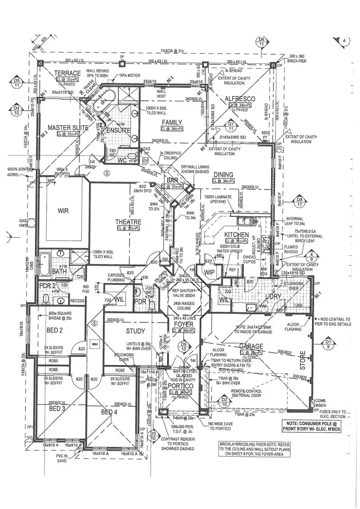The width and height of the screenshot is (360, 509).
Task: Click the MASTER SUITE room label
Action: click(68, 128)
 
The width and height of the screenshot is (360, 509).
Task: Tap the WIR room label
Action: click(63, 210)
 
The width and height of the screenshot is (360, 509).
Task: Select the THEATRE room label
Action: click(128, 222)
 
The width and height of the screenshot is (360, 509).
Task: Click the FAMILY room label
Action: click(171, 123)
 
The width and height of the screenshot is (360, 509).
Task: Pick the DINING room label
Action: click(224, 175)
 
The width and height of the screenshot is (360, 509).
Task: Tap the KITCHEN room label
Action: click(237, 235)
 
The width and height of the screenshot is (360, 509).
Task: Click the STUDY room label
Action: click(135, 331)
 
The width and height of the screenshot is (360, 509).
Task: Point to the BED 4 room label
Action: click(109, 412)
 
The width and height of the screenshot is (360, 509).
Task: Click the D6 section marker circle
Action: click(261, 41)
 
